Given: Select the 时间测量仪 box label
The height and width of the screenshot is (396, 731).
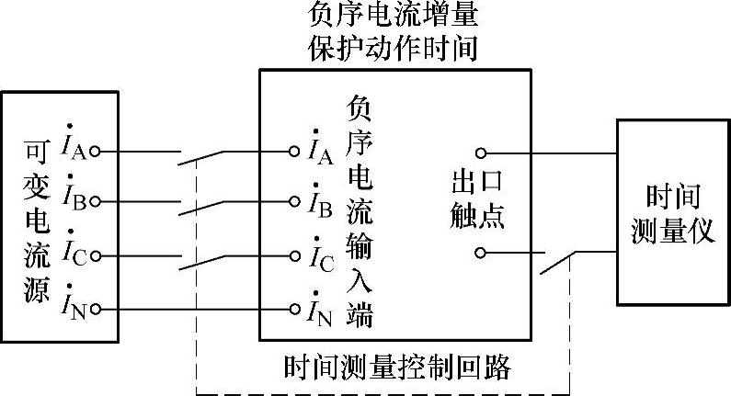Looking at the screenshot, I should coord(673,212).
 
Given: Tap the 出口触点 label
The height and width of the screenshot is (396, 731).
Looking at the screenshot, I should coord(478,196).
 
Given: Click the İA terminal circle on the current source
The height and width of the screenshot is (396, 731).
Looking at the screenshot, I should coord(95,152).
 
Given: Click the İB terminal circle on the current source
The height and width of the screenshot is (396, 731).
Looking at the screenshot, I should coord(95,199).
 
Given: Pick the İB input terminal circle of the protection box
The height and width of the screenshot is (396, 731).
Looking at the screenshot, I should coord(293,199).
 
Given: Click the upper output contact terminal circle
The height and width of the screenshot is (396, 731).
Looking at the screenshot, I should coord(480,153).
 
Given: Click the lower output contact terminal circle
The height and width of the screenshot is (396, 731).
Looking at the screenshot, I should coord(480,252).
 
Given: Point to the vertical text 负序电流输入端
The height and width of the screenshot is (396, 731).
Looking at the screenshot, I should coord(359,210).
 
